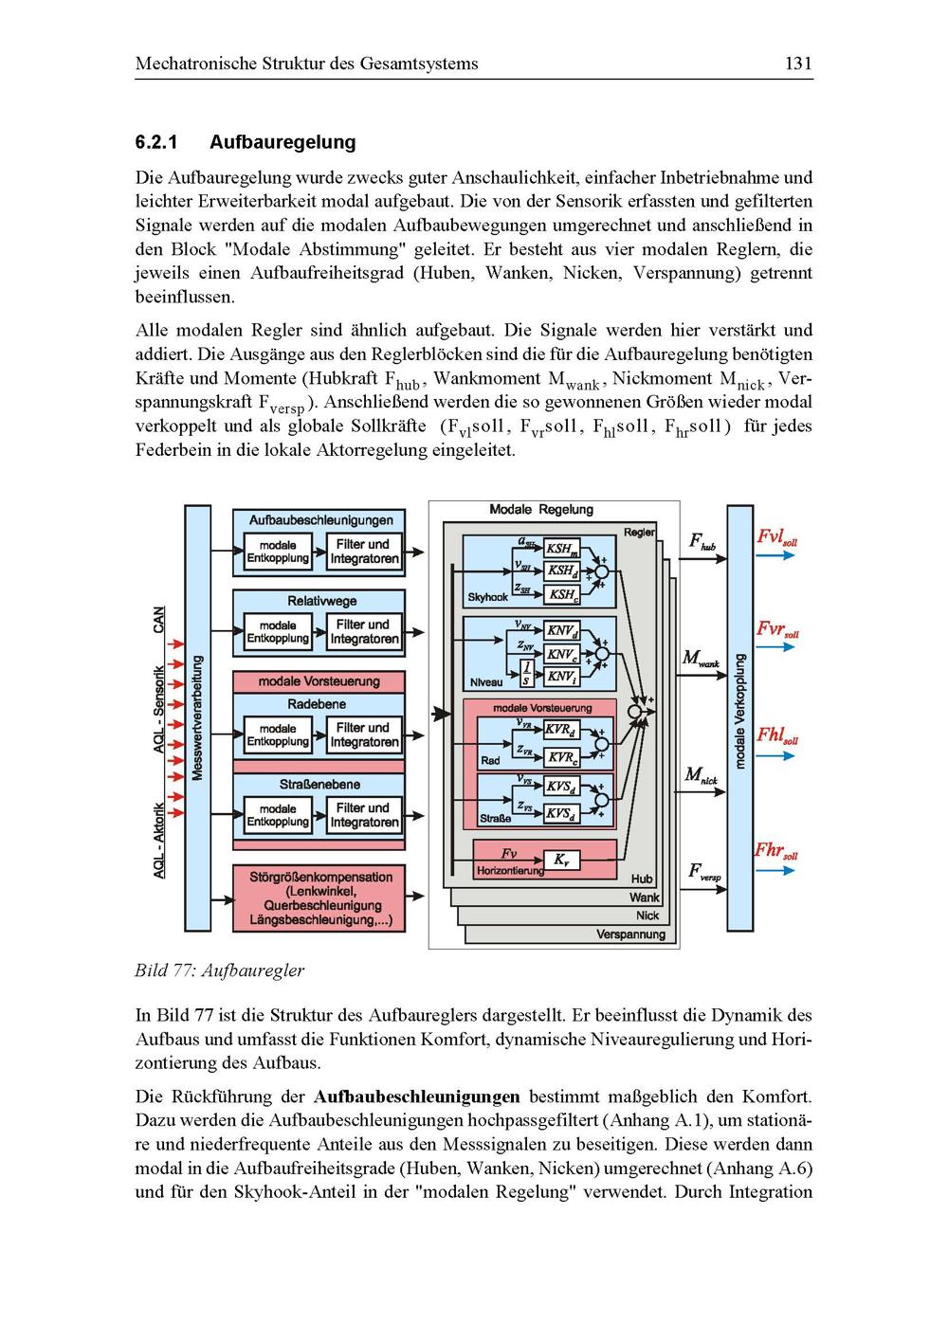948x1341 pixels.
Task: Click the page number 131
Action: (x=798, y=64)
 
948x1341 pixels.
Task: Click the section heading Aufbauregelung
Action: (x=283, y=142)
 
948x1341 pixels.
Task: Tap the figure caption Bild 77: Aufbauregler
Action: (x=219, y=970)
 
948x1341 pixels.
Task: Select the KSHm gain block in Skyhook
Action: (x=561, y=549)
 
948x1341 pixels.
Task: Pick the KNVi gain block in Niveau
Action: (x=562, y=676)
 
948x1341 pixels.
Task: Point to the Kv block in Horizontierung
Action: (x=561, y=861)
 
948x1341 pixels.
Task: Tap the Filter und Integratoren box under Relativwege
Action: (x=364, y=632)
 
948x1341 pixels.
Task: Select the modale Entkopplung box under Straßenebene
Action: (x=278, y=816)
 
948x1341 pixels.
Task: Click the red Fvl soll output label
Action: (x=776, y=537)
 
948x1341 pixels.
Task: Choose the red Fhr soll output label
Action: (x=775, y=850)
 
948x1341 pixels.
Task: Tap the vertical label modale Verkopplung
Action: (x=740, y=711)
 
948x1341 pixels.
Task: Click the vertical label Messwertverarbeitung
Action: (x=197, y=717)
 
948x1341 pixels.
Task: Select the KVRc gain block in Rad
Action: (x=561, y=757)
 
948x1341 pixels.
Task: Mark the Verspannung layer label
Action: (x=630, y=934)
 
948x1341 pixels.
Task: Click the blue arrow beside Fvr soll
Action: (x=775, y=648)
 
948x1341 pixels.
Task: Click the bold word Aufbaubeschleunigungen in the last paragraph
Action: (x=416, y=1097)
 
